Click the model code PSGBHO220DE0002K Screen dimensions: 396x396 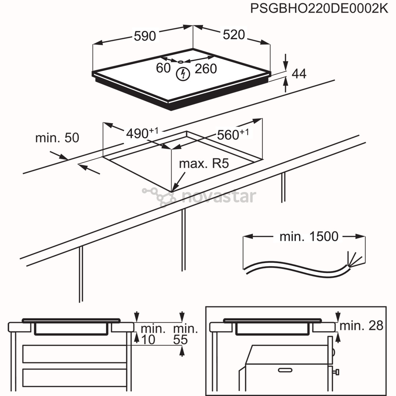click(x=319, y=8)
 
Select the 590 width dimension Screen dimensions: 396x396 click(x=145, y=36)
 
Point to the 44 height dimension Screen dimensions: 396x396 click(x=299, y=74)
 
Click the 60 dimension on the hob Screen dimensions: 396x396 click(x=163, y=68)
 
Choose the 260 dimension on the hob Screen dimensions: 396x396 click(x=206, y=69)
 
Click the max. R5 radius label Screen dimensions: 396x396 click(x=203, y=164)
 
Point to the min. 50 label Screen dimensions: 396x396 click(x=57, y=138)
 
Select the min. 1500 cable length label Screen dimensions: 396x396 click(x=309, y=236)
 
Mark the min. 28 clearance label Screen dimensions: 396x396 click(x=362, y=325)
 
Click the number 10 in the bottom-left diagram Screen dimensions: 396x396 click(x=148, y=340)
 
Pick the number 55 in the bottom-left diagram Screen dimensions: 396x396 click(x=180, y=340)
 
